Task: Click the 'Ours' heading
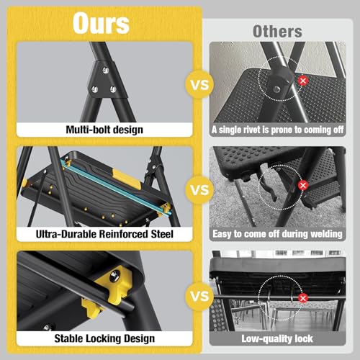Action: coord(101,23)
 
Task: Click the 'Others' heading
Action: coord(277,32)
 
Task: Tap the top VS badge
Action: coord(199,84)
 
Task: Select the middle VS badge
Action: coord(199,190)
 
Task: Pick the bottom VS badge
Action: coord(199,296)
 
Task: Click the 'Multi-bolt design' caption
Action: coord(104,130)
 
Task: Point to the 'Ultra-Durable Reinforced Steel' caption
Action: coord(104,234)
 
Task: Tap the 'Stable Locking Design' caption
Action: coord(104,338)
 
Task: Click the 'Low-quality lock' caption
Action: coord(277,338)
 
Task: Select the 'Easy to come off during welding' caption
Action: coord(277,234)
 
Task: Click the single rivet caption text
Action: coord(277,130)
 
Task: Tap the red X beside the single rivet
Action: coord(303,81)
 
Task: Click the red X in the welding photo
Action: coord(303,185)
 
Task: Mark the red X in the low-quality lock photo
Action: coord(303,298)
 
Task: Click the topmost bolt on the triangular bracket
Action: coord(105,70)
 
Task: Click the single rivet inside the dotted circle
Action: coord(276,89)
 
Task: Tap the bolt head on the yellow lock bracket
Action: coord(114,276)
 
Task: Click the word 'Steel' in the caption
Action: coord(162,234)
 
